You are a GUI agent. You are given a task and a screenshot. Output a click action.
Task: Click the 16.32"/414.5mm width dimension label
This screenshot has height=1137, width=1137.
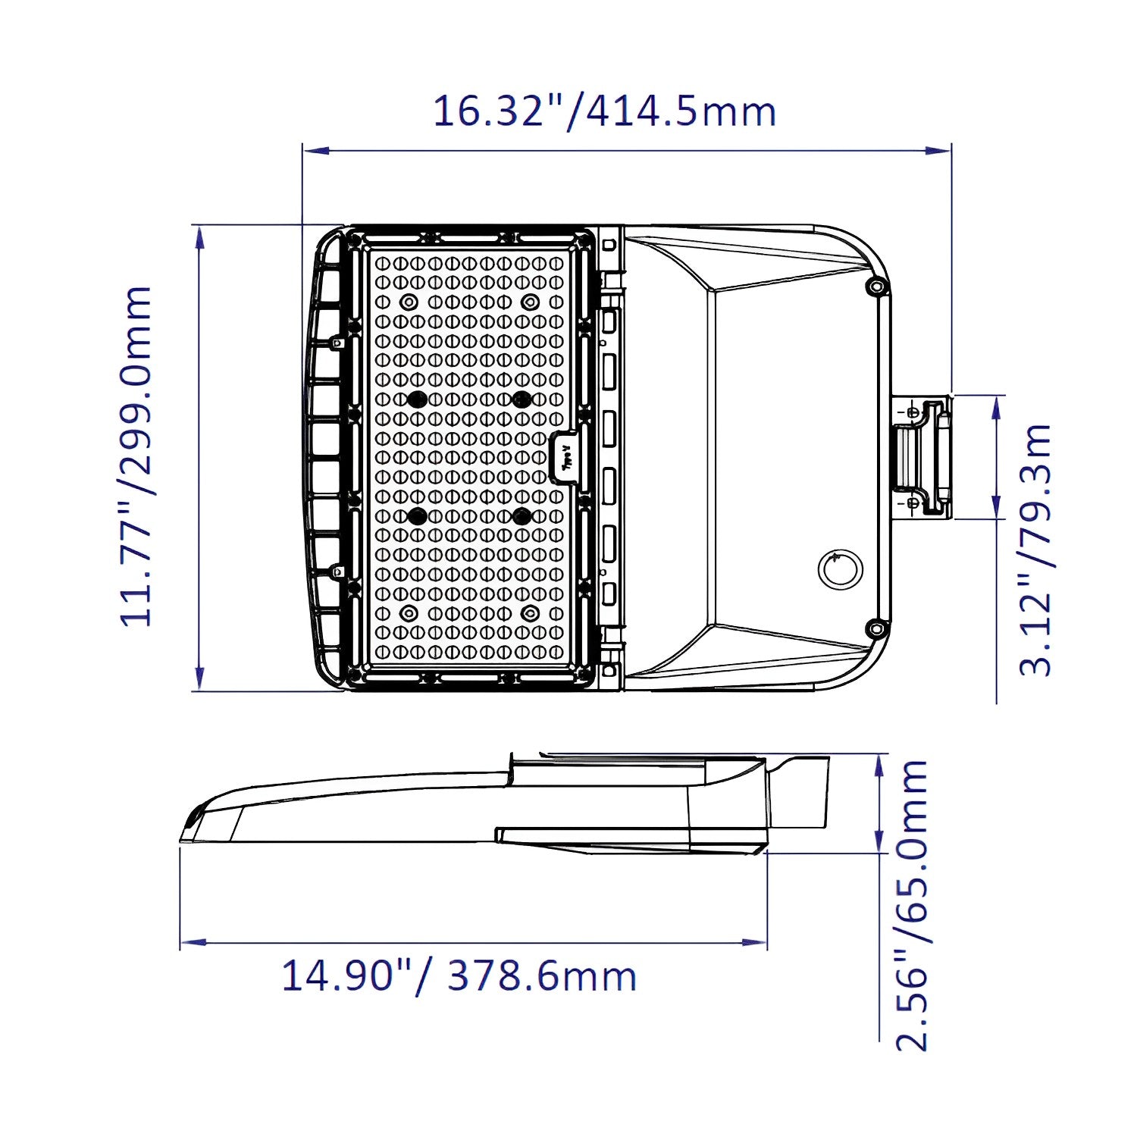[x=604, y=111]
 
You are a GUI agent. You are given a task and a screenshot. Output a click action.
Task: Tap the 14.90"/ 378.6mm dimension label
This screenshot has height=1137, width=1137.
[x=459, y=976]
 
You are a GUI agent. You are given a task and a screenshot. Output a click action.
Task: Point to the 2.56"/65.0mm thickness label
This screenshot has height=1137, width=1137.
[x=912, y=906]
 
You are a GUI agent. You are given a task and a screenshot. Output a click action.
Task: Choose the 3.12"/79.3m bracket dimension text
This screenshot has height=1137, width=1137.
[x=1035, y=550]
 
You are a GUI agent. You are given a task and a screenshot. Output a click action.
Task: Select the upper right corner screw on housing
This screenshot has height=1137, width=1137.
[x=876, y=287]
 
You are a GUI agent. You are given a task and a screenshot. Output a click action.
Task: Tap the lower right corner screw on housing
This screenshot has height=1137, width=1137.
[x=876, y=628]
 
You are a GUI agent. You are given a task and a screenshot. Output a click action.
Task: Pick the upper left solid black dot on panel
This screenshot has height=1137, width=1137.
[x=416, y=399]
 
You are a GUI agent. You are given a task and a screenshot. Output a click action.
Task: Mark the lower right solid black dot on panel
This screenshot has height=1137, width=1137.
[x=521, y=516]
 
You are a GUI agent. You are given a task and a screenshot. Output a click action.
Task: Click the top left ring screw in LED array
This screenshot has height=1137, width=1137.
[x=409, y=302]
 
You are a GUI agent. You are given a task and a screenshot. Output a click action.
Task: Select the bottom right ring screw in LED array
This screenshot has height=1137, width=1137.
[x=529, y=612]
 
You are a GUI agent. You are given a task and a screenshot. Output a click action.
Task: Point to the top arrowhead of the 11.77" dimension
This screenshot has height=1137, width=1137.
[x=199, y=237]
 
